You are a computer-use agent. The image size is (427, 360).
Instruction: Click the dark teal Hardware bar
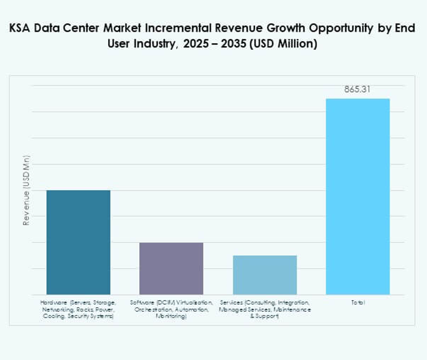[78, 242]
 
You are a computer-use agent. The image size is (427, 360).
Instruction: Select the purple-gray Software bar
[171, 268]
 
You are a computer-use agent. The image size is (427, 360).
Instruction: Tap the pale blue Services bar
[264, 275]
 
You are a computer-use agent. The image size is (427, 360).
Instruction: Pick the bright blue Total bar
[357, 196]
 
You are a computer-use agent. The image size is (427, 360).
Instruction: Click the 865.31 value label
[357, 90]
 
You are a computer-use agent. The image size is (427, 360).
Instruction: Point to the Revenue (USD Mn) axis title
[26, 190]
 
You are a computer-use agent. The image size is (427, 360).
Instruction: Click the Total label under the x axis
[357, 302]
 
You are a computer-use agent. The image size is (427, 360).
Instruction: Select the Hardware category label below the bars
[78, 308]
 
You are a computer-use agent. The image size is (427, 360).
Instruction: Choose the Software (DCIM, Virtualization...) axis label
[171, 308]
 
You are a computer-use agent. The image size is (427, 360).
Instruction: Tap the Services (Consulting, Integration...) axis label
[264, 308]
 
